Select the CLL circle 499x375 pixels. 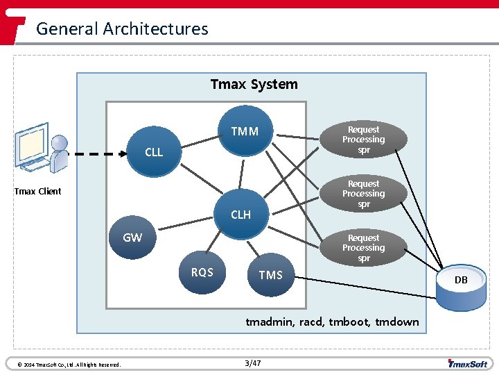(154, 152)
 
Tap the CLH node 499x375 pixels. (240, 215)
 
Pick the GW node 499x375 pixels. (132, 237)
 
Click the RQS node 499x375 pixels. (202, 272)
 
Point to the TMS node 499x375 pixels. (270, 275)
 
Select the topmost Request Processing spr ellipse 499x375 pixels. (363, 140)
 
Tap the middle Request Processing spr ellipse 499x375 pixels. (363, 194)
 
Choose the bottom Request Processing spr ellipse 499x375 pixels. (363, 248)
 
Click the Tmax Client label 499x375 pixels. (37, 191)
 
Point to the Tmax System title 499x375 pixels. (254, 84)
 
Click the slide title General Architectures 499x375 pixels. (122, 28)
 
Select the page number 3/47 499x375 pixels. (254, 363)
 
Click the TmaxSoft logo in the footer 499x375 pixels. (468, 363)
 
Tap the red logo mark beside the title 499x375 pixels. (13, 28)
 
